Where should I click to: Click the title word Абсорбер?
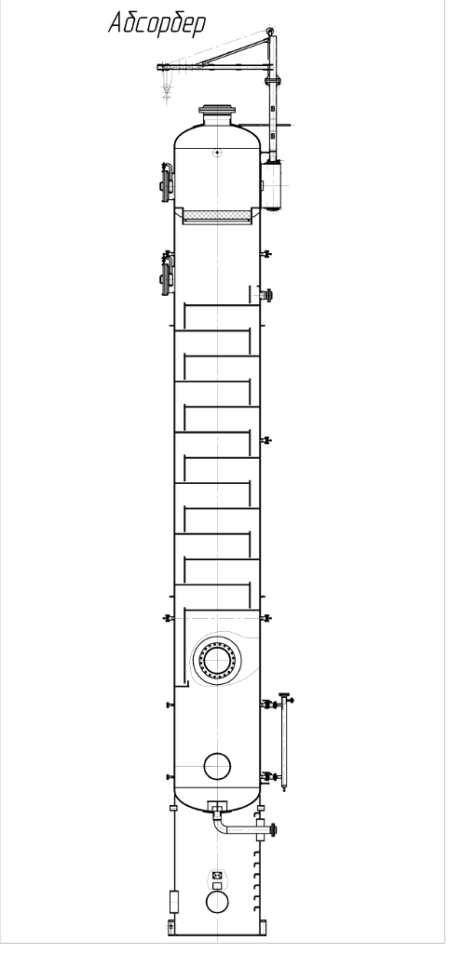click(x=157, y=23)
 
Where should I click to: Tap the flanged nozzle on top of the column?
click(x=217, y=114)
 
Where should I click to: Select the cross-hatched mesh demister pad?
click(x=217, y=215)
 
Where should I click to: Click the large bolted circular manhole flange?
click(x=217, y=659)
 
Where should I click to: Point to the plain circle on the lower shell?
click(x=217, y=766)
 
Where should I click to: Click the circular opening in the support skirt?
click(x=217, y=902)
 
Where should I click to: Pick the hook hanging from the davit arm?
click(x=166, y=91)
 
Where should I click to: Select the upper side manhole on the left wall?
click(x=166, y=182)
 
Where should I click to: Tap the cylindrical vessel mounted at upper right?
click(x=271, y=185)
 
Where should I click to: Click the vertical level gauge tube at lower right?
click(x=284, y=742)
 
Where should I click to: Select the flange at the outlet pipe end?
click(x=273, y=829)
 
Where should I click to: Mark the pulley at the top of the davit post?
click(x=270, y=31)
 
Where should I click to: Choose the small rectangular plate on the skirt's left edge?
click(x=174, y=901)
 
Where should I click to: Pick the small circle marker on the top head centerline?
click(x=217, y=153)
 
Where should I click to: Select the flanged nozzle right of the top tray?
click(x=265, y=295)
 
